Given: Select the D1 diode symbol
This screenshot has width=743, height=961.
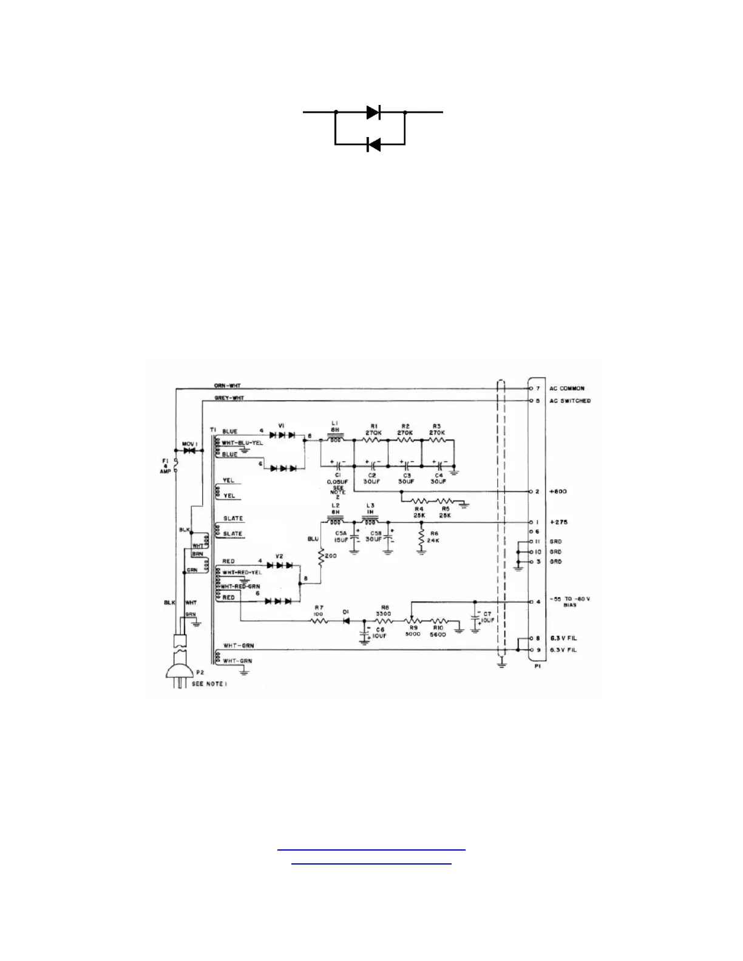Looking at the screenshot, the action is (346, 621).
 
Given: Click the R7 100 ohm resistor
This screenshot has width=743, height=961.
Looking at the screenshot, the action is (319, 621).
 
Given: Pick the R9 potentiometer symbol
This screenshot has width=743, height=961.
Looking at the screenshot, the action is (413, 620).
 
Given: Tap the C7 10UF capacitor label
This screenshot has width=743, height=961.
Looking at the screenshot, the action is (487, 617).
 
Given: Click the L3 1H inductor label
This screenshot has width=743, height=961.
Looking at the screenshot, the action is (370, 508).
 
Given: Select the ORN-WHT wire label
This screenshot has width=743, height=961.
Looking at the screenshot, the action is (227, 386).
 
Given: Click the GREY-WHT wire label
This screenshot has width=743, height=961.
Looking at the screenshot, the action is (229, 398).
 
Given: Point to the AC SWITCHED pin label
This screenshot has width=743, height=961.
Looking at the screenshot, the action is (570, 401).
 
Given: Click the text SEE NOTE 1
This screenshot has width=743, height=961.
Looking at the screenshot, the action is (209, 684).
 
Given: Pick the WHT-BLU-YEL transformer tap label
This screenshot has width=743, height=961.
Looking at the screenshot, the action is (242, 443).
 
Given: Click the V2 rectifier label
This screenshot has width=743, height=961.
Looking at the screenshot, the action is (279, 556).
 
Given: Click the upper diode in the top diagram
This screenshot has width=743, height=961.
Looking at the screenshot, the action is (373, 112).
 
